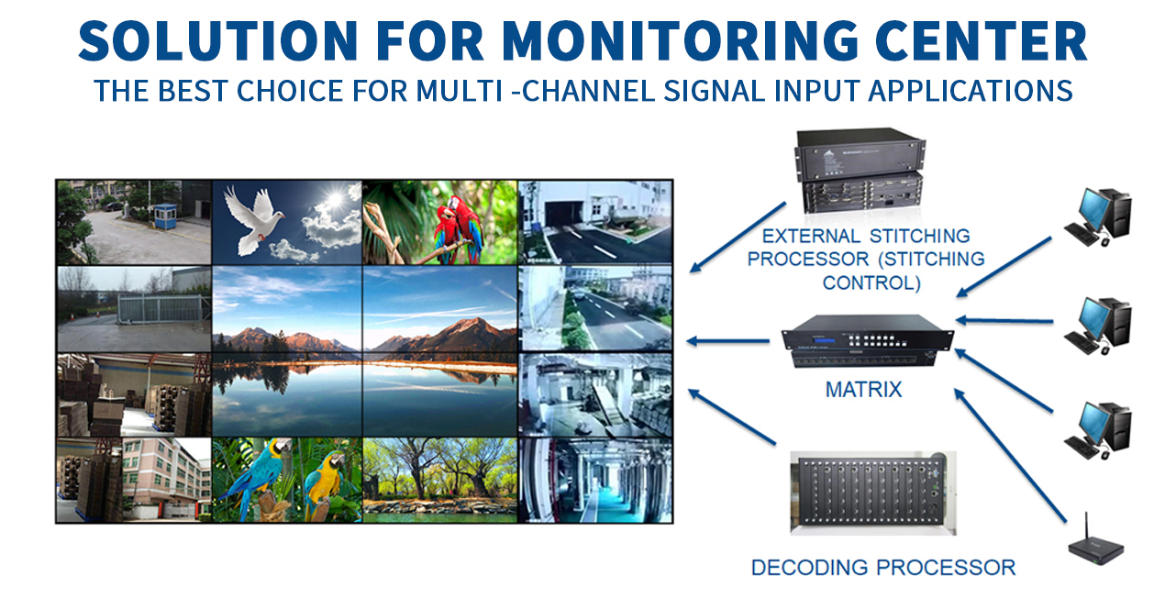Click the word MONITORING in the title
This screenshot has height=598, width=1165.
681,40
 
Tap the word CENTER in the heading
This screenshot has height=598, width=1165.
982,40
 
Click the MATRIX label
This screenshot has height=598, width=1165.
863,390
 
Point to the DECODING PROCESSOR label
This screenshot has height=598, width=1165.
883,568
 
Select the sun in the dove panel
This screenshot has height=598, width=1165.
336,199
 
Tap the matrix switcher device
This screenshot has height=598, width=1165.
868,341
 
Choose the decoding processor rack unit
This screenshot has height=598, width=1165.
872,493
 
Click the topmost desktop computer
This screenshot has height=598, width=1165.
1098,216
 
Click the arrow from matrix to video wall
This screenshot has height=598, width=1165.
727,341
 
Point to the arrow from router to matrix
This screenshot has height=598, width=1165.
1010,455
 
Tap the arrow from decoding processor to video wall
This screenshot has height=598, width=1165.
732,416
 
